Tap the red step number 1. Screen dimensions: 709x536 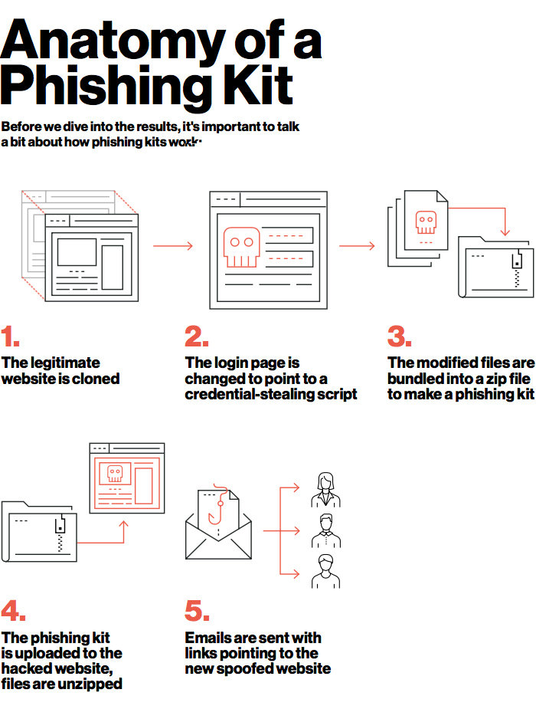click(x=10, y=336)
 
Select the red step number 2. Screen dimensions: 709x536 click(x=196, y=336)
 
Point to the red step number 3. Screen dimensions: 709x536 click(x=399, y=336)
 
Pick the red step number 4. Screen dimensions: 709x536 click(x=13, y=611)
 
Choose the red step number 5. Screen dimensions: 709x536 click(x=197, y=611)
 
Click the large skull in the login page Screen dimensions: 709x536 click(x=241, y=246)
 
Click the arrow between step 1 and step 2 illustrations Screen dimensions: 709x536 click(x=173, y=246)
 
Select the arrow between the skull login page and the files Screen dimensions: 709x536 click(x=357, y=246)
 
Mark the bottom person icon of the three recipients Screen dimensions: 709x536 click(x=325, y=570)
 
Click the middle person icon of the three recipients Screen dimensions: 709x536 click(x=325, y=530)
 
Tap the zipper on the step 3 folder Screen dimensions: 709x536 click(x=518, y=268)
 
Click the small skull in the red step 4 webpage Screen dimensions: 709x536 click(x=114, y=475)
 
